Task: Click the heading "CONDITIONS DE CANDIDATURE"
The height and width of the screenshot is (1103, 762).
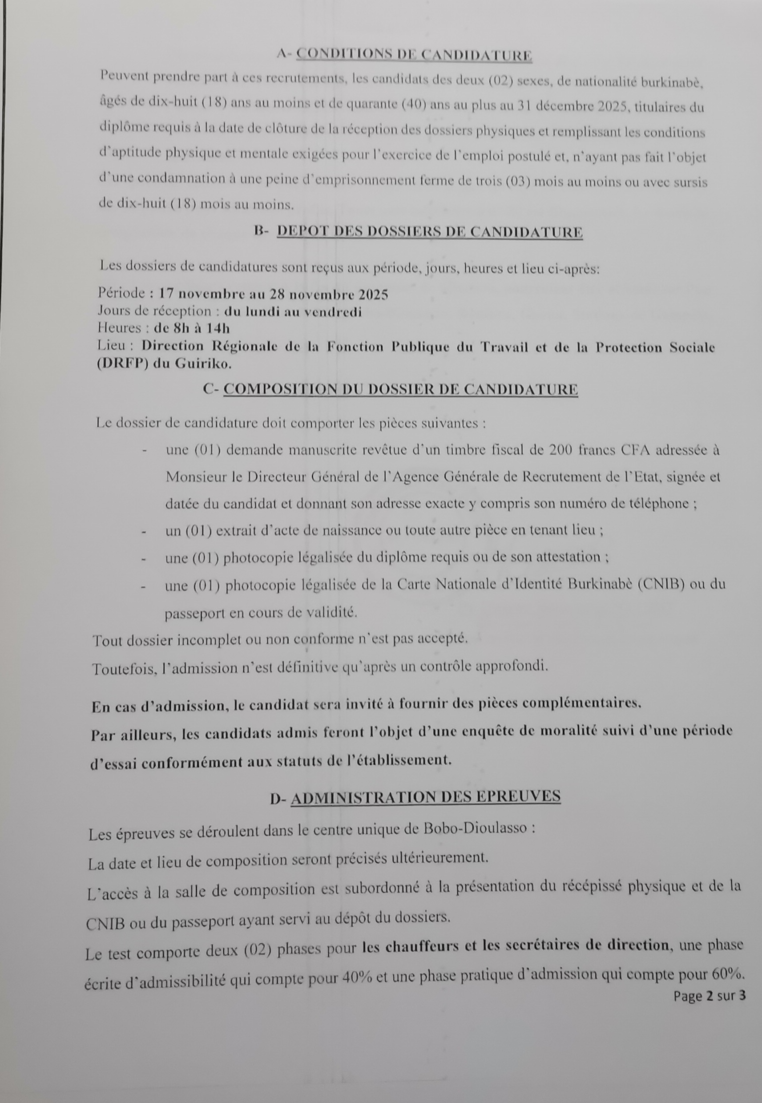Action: click(x=414, y=55)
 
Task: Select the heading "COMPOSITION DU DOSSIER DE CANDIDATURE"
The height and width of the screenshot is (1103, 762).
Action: click(x=401, y=389)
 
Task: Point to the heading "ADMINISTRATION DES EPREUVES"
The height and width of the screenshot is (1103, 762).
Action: click(x=425, y=796)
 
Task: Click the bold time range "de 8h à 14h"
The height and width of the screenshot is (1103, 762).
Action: click(x=191, y=328)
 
